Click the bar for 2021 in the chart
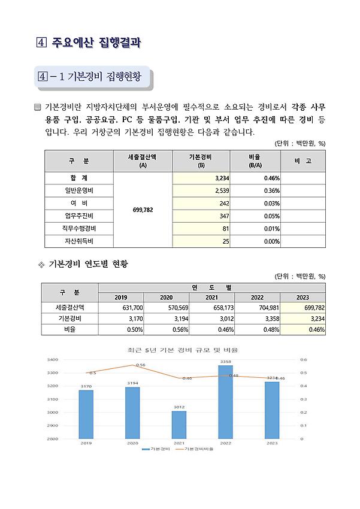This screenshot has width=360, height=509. (x=179, y=425)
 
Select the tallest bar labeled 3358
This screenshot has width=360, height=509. (x=226, y=401)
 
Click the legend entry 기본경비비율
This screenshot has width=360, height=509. (x=197, y=448)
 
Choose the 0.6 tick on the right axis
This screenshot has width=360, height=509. (x=303, y=360)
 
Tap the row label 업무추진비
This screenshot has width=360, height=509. (x=79, y=216)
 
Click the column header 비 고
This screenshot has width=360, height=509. (x=303, y=161)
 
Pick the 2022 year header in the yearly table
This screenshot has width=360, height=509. (x=257, y=298)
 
